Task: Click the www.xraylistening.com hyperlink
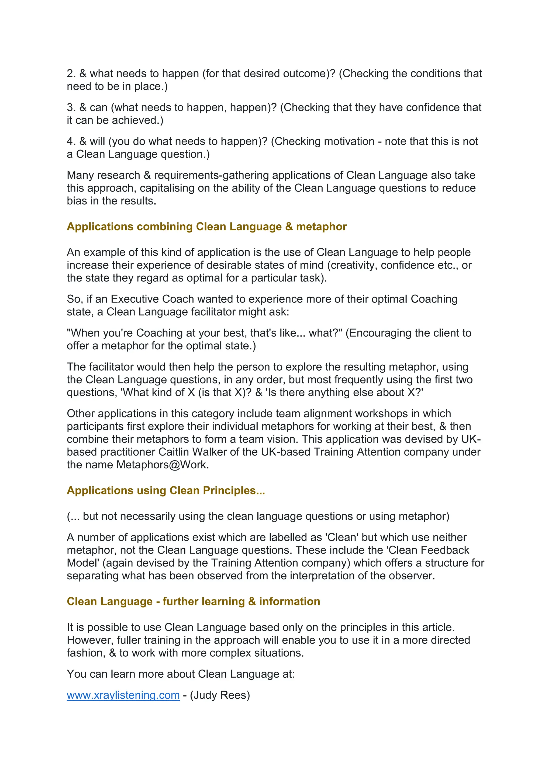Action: point(123,695)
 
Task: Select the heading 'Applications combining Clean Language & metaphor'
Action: point(207,227)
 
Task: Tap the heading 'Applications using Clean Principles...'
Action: point(166,490)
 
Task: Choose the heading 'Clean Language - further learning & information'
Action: point(194,602)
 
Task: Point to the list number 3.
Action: point(71,108)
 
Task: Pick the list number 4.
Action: point(71,142)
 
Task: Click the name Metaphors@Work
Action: point(163,465)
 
